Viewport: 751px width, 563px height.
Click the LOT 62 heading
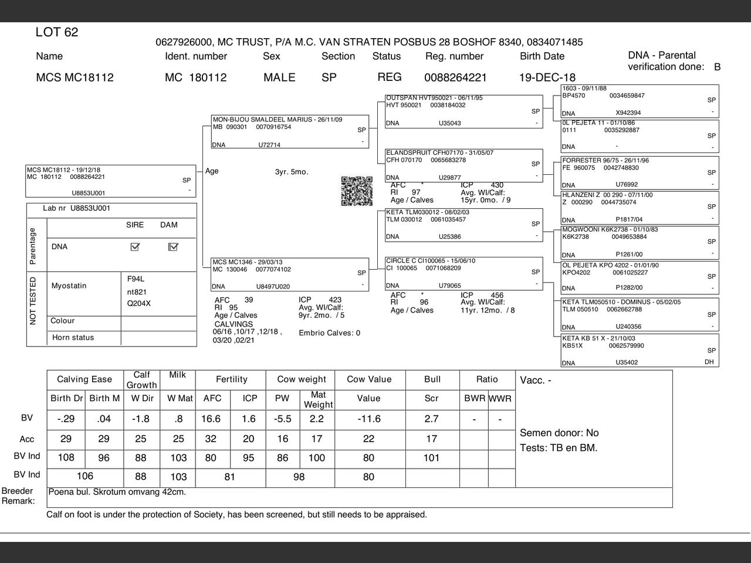[x=57, y=32]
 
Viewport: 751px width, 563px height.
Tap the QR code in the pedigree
[x=357, y=191]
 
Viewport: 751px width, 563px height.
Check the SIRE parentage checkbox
[x=135, y=247]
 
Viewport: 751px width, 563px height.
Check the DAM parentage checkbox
[x=173, y=247]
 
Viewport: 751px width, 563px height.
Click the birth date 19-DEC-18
[x=547, y=77]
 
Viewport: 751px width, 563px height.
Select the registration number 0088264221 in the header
[x=455, y=77]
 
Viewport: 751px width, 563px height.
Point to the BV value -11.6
[x=368, y=419]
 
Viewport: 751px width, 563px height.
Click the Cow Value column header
[x=369, y=379]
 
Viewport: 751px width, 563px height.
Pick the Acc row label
[x=27, y=439]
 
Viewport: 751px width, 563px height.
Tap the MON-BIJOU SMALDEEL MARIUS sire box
[x=290, y=131]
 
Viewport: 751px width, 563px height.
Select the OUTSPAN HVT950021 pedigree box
[x=464, y=110]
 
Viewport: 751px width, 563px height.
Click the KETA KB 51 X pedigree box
[x=640, y=350]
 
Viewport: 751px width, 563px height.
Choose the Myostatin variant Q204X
[x=139, y=304]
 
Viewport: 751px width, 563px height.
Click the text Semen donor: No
[x=559, y=433]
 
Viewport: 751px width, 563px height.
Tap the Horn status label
[x=73, y=338]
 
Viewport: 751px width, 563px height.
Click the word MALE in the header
[x=279, y=77]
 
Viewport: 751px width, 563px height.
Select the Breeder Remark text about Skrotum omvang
[x=117, y=492]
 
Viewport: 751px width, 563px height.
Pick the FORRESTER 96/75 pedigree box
[x=640, y=172]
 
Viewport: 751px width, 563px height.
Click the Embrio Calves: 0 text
[x=330, y=333]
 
